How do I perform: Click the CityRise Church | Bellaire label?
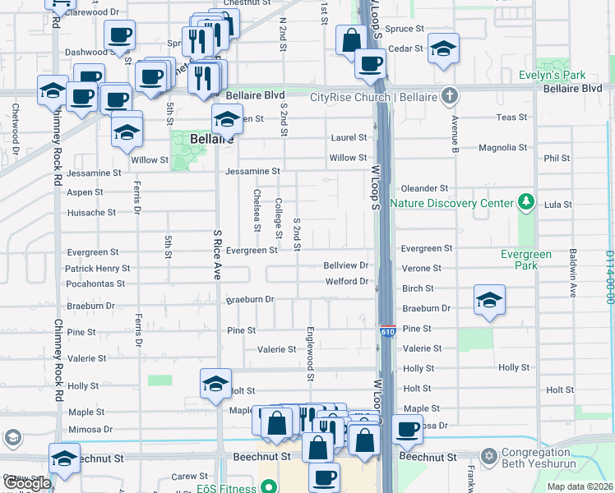(x=373, y=98)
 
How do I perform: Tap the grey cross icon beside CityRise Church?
(x=449, y=97)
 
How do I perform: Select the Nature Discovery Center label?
(x=450, y=203)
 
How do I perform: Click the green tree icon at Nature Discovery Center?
(x=524, y=202)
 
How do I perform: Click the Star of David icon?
(x=489, y=455)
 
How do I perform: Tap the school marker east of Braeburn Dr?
(x=489, y=301)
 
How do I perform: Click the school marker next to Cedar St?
(x=443, y=48)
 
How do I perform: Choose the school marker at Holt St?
(x=216, y=384)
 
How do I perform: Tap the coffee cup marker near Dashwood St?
(x=119, y=36)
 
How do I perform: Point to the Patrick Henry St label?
(x=98, y=269)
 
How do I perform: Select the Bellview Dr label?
(x=345, y=265)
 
